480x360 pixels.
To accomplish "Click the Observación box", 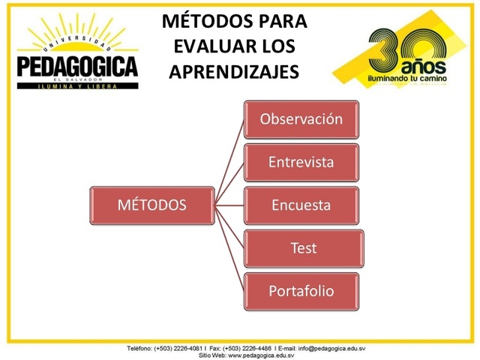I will coord(301,119).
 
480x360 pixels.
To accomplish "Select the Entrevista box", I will coord(301,162).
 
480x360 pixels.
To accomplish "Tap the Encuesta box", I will coord(301,205).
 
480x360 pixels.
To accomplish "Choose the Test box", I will coord(304,248).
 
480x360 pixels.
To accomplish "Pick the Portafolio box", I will coord(301,291).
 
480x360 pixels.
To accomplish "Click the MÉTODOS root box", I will coord(151,205).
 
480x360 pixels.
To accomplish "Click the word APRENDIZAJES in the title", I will coord(234,71).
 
